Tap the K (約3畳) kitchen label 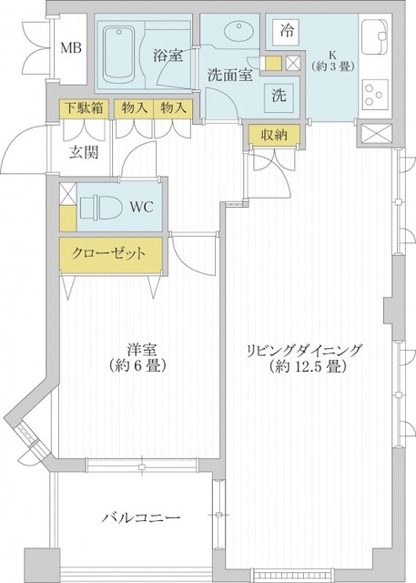325,60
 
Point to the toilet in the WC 97,206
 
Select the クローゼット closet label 103,252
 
